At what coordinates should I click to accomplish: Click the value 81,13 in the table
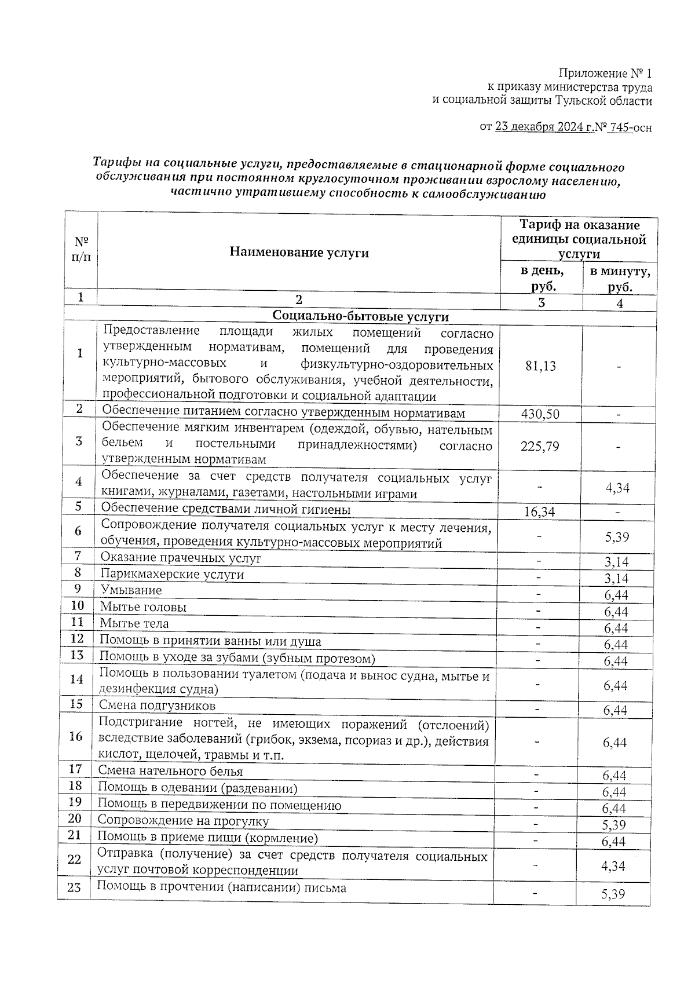[540, 367]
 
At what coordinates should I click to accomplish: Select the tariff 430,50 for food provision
[540, 414]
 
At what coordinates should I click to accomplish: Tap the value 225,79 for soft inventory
[540, 447]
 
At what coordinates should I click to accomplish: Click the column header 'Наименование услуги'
[299, 252]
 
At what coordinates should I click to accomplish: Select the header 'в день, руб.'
[542, 279]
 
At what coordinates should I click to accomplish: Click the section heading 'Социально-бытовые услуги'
[360, 317]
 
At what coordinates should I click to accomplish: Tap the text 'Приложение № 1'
[605, 74]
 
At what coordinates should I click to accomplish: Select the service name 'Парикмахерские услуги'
[172, 574]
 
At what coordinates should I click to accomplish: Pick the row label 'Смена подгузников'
[157, 706]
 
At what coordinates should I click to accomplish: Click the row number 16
[75, 736]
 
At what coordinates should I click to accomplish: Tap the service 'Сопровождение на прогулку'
[183, 821]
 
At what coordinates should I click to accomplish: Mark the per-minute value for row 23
[613, 894]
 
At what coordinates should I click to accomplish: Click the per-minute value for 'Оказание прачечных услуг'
[617, 562]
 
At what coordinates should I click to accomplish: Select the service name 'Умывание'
[131, 590]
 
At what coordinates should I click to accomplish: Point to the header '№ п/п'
[81, 249]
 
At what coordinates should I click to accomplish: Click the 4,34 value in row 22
[613, 867]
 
